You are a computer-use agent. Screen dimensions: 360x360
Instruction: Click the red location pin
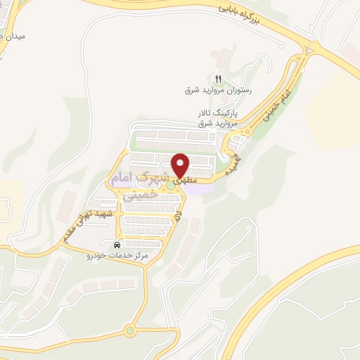pyautogui.click(x=181, y=165)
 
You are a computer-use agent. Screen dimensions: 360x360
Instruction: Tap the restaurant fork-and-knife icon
pyautogui.click(x=219, y=79)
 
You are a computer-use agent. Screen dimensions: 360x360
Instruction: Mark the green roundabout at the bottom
pyautogui.click(x=129, y=330)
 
